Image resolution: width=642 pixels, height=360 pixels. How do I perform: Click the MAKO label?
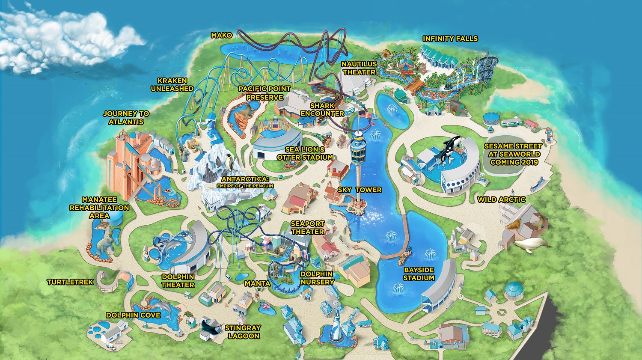tap(222, 35)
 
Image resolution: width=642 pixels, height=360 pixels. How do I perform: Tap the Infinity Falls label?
tap(450, 39)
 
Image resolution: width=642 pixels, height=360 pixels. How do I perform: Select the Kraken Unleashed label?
tap(172, 84)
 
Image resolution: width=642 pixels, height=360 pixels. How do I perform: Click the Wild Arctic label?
tap(501, 199)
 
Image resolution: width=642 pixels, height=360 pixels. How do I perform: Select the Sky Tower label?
tap(360, 190)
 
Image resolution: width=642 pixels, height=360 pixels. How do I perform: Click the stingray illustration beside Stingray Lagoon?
tap(211, 327)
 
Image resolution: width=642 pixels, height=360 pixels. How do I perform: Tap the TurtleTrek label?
tap(70, 282)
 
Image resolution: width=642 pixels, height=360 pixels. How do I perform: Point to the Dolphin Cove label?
tap(133, 315)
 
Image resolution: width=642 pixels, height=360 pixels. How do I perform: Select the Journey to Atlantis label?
tap(126, 118)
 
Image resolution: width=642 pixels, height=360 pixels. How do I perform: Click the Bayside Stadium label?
tap(419, 274)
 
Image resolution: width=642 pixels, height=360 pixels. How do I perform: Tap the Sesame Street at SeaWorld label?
tap(513, 154)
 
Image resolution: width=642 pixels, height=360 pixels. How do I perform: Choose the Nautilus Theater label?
tap(359, 68)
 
